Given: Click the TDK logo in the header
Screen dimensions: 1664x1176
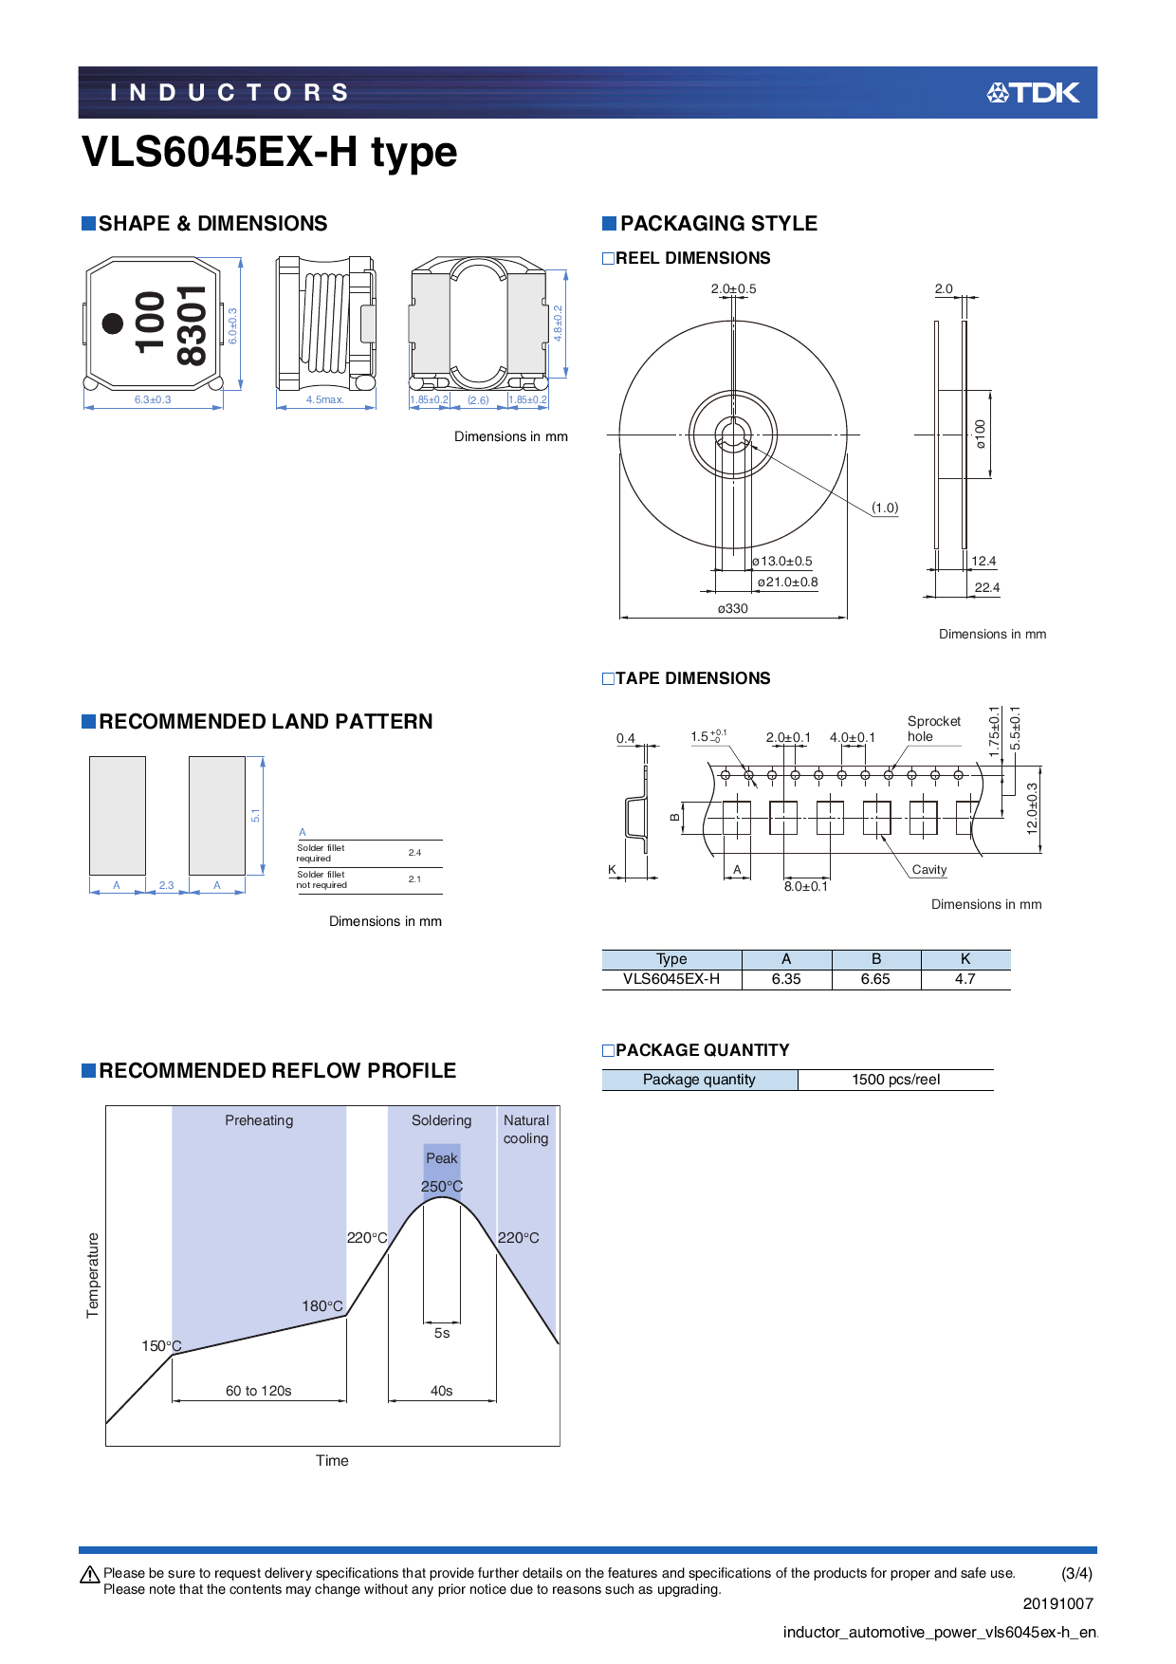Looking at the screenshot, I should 1033,93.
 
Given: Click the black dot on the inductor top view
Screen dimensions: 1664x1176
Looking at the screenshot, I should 113,324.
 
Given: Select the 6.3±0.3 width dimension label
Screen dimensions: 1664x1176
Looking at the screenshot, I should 153,400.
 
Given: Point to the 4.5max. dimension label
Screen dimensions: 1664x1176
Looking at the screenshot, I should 324,400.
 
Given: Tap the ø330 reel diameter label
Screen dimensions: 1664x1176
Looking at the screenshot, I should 732,609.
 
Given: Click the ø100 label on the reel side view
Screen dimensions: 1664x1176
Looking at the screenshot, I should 981,434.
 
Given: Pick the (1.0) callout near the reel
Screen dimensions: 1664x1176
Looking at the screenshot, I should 885,508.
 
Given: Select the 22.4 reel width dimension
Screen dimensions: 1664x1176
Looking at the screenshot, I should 986,587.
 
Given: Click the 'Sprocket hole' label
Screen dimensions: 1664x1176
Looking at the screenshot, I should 933,729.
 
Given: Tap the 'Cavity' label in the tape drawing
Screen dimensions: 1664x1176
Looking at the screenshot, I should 928,870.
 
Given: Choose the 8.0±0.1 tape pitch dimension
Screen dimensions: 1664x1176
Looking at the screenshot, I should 805,887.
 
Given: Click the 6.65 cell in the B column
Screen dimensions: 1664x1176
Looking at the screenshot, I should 875,979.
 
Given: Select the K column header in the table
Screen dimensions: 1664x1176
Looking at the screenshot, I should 965,959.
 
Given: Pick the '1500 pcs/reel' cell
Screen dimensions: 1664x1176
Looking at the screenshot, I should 895,1080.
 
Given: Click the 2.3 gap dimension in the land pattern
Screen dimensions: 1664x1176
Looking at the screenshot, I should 166,885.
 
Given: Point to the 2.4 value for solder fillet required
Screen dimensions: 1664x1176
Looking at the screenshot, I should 414,853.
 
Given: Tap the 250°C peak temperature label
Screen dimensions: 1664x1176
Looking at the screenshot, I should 442,1187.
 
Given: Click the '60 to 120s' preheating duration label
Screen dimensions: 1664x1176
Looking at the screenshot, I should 258,1391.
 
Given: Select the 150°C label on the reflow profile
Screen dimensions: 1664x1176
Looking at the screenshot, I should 161,1346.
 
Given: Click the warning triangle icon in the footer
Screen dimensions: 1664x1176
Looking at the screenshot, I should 90,1575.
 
